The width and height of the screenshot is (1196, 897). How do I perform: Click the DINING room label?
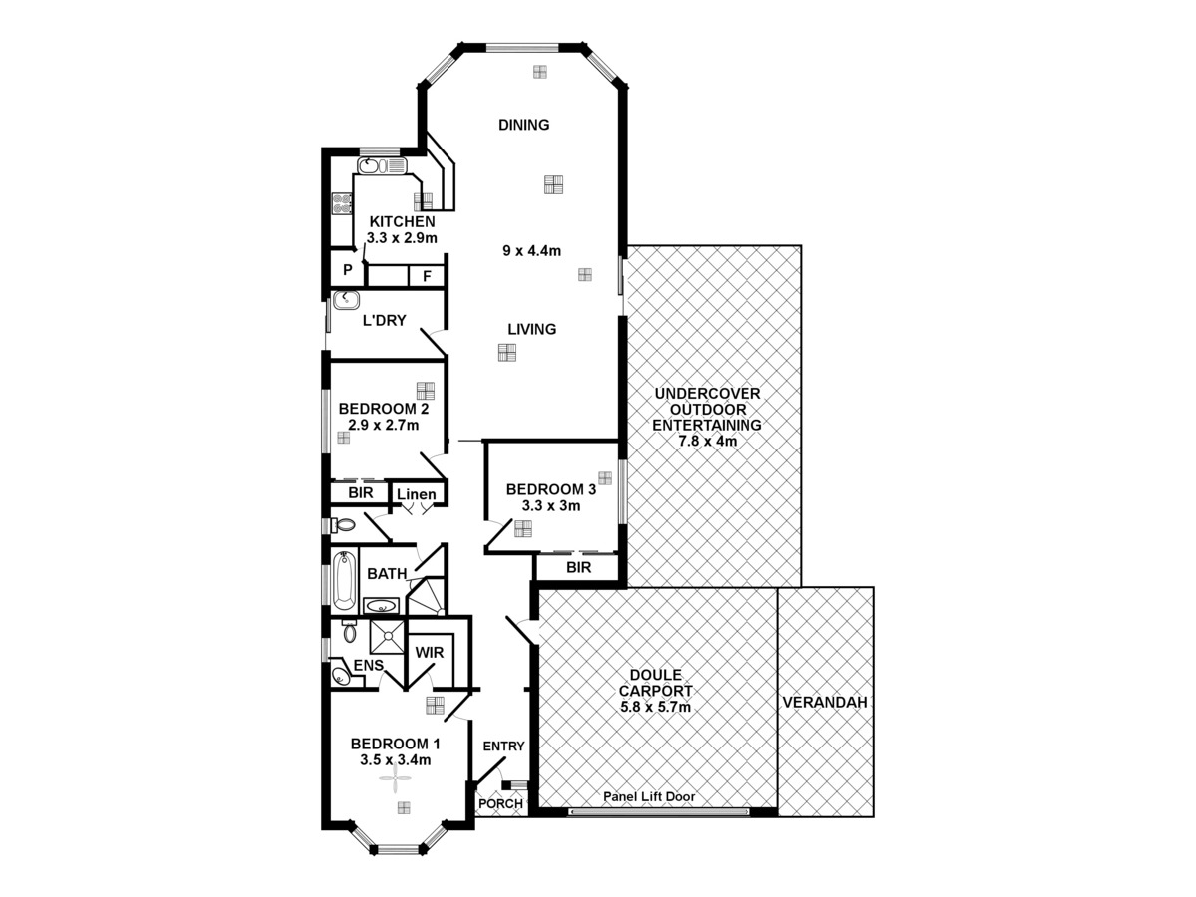[524, 125]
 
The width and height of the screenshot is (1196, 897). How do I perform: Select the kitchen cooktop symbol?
[342, 204]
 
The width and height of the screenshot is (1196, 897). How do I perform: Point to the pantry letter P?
[348, 270]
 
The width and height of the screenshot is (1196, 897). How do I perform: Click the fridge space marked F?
[427, 275]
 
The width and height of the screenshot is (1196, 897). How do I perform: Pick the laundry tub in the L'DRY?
[347, 301]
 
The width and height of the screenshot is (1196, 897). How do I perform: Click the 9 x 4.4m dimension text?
[532, 250]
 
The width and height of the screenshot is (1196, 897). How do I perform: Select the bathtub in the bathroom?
[344, 581]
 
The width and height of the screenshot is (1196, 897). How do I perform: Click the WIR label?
[430, 653]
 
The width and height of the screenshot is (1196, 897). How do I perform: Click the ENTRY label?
[503, 747]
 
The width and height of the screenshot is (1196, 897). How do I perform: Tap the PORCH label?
[500, 804]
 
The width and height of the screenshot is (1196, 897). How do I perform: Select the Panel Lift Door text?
[649, 797]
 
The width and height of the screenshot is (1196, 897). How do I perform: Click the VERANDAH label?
[825, 702]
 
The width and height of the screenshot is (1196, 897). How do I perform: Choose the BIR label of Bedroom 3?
[578, 567]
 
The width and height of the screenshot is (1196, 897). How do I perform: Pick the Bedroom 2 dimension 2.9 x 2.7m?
[383, 425]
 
